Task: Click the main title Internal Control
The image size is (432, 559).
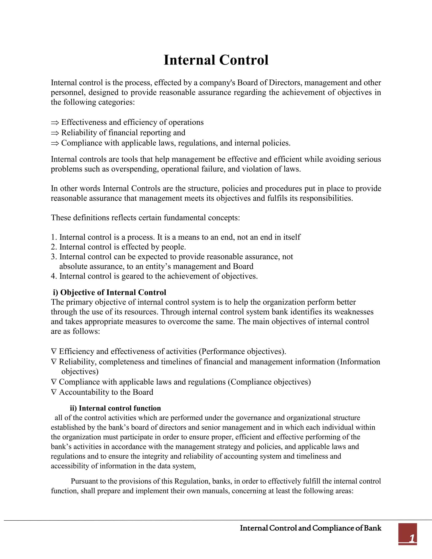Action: [x=216, y=60]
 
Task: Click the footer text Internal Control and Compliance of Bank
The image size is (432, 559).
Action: [x=310, y=528]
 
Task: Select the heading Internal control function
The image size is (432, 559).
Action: [x=115, y=408]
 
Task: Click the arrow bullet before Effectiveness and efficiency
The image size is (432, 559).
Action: [x=55, y=123]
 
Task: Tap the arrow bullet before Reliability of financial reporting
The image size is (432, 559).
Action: [x=55, y=133]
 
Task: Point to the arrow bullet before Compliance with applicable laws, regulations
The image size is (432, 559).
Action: [x=55, y=143]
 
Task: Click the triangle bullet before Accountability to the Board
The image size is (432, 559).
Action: [x=54, y=392]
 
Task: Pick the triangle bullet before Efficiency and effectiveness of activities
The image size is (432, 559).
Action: [x=54, y=351]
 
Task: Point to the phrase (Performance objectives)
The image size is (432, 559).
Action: [x=242, y=351]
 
